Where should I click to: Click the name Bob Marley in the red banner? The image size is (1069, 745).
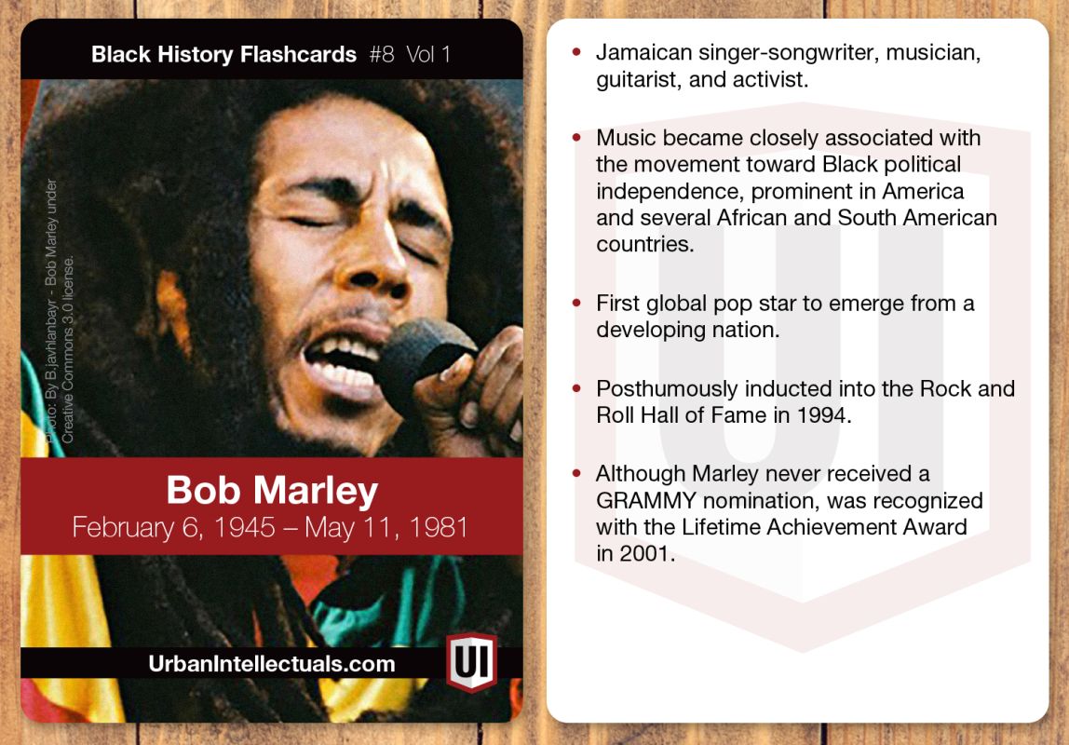[272, 491]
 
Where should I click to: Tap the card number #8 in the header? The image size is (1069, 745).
[382, 54]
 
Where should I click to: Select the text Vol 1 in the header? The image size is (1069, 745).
[428, 54]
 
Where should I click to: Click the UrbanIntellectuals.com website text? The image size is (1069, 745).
[272, 664]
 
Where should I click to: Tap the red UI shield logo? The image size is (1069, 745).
[470, 662]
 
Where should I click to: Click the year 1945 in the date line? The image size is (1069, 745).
[245, 528]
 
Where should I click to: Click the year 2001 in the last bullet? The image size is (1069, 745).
[642, 553]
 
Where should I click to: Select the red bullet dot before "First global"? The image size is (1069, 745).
[577, 305]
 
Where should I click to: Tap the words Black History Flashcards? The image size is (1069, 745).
[223, 54]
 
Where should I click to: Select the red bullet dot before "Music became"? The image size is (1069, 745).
[577, 139]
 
